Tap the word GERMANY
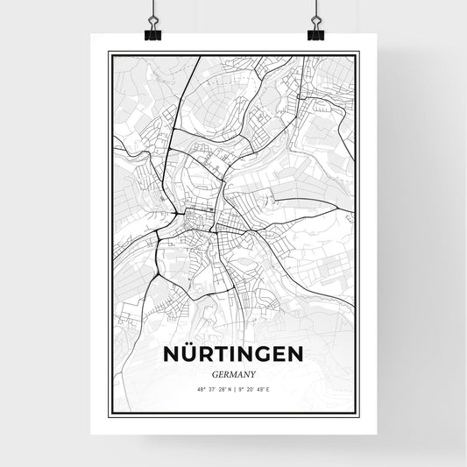(x=233, y=373)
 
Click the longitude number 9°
(x=241, y=388)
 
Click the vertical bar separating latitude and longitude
(x=234, y=388)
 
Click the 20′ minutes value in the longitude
(x=251, y=388)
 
